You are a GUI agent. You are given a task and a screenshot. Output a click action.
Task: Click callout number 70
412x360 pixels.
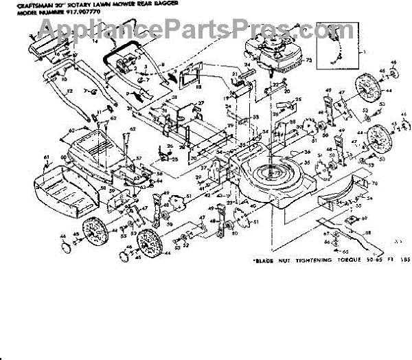pos(375,183)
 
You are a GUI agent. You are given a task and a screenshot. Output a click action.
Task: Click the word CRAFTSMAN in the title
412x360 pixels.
pos(34,5)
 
